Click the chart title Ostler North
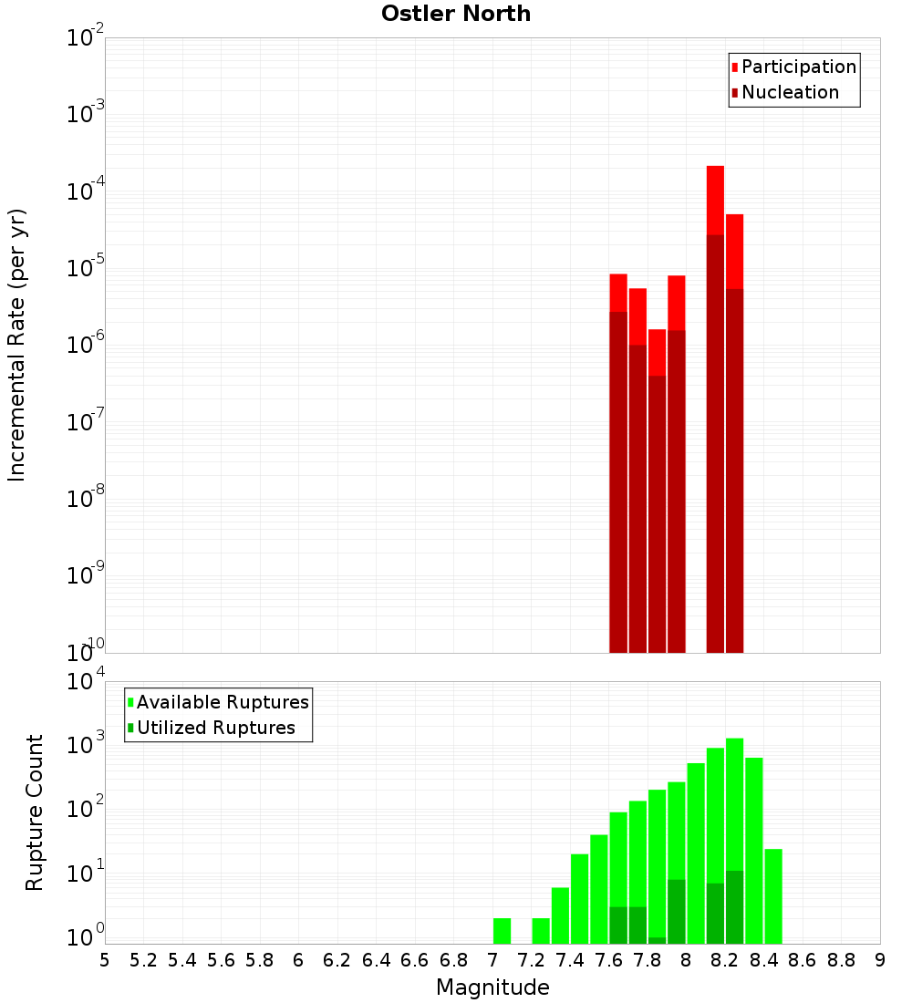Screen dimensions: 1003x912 click(456, 14)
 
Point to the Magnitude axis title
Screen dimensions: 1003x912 click(492, 987)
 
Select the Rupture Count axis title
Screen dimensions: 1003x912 click(35, 812)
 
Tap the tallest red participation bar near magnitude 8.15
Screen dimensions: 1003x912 click(715, 201)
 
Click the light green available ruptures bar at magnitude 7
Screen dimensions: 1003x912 click(502, 931)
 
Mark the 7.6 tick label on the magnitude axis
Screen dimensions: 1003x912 click(608, 960)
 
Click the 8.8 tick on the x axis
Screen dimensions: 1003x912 click(841, 960)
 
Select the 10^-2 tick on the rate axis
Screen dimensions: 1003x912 click(86, 39)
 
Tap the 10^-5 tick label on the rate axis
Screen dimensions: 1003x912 click(86, 269)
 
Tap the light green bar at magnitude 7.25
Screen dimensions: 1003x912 click(541, 931)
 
